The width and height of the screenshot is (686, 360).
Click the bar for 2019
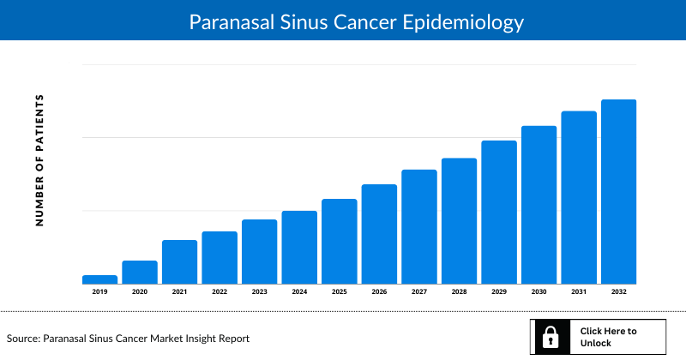[x=99, y=279]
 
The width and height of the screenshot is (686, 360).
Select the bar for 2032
[x=618, y=192]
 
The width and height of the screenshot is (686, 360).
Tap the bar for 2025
[x=339, y=242]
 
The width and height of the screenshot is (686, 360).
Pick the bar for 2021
[x=179, y=262]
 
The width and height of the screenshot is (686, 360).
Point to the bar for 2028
[x=459, y=221]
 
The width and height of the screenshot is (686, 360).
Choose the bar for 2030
[x=539, y=205]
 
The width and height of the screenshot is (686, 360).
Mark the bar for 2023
[x=259, y=252]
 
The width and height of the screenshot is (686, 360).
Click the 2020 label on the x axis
[x=140, y=292]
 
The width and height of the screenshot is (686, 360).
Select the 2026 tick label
[x=379, y=292]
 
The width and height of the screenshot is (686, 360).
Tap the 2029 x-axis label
[x=499, y=292]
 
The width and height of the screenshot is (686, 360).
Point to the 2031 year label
[x=579, y=292]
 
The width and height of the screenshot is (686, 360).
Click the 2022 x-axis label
[x=220, y=292]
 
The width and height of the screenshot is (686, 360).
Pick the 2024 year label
[x=299, y=292]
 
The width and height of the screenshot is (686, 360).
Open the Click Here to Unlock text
[x=608, y=337]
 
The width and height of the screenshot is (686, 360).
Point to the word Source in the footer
[x=23, y=339]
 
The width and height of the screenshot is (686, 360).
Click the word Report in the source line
[x=232, y=339]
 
